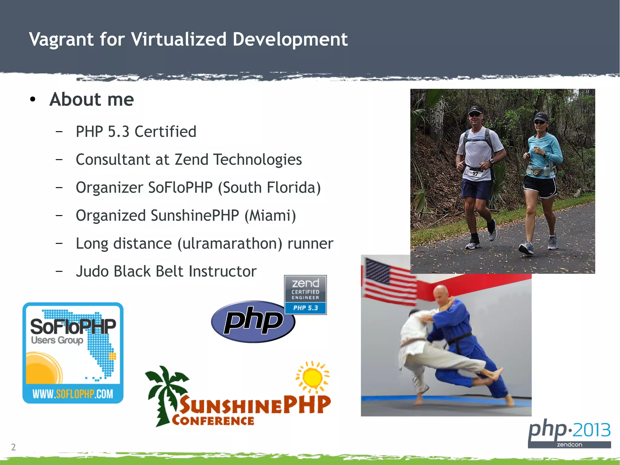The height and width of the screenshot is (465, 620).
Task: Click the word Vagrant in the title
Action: click(61, 40)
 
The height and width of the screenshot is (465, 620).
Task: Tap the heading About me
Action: click(91, 99)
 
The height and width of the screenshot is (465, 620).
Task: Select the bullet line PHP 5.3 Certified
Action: click(136, 132)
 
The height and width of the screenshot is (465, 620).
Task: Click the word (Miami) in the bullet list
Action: click(270, 216)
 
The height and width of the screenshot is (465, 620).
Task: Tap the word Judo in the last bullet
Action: click(92, 271)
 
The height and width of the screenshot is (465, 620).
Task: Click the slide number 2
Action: click(13, 447)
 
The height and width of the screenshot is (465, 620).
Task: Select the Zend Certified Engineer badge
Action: click(305, 295)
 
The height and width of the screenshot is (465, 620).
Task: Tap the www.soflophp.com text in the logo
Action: click(73, 394)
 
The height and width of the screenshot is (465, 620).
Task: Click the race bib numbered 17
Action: click(475, 174)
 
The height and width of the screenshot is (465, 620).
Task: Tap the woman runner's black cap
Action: click(541, 116)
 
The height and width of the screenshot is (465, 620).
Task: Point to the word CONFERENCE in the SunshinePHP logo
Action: click(213, 421)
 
